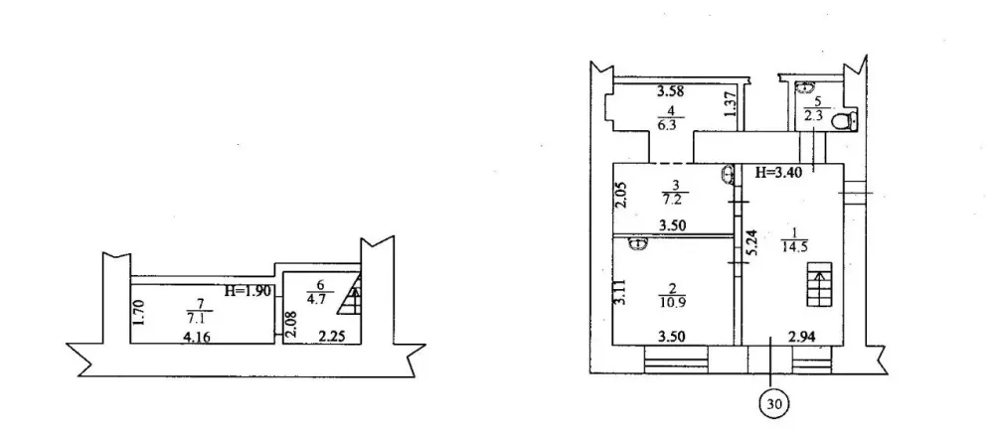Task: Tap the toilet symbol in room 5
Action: tap(844, 121)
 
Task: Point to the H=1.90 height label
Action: tap(247, 291)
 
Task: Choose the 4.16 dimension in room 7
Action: tap(195, 338)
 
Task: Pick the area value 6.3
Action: tap(667, 125)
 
